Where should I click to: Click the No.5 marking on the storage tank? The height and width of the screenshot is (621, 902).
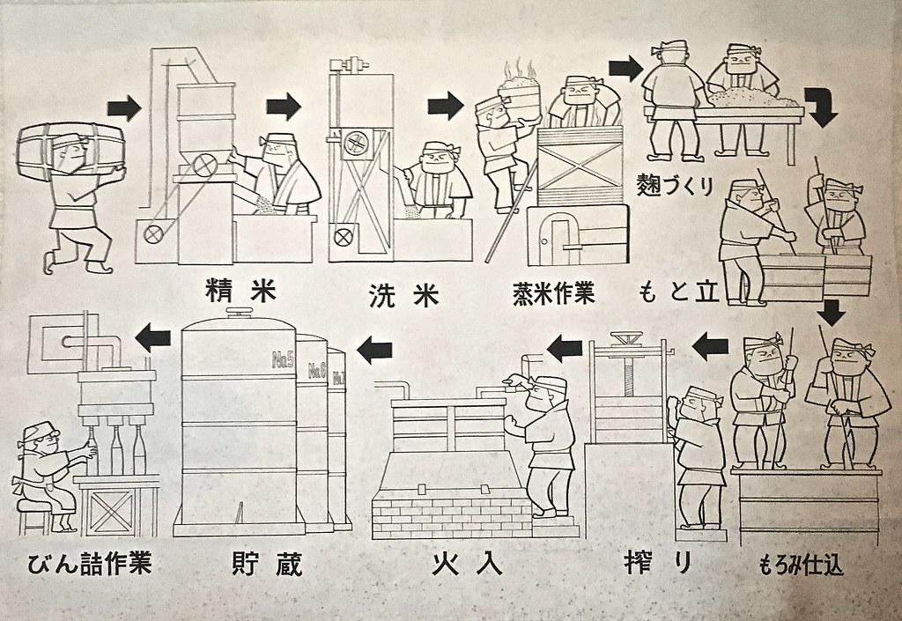(283, 359)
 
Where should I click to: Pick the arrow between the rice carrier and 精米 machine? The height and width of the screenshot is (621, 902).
(123, 108)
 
